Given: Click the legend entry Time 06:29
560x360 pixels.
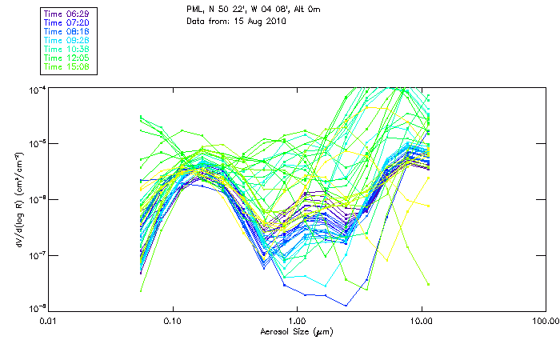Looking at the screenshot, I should coord(66,14).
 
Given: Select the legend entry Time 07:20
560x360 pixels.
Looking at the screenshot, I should coord(66,23).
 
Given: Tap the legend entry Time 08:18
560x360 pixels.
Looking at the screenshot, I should coord(66,31).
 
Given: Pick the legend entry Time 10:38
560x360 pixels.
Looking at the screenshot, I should coord(66,49).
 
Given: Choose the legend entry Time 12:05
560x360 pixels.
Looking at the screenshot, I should coord(66,58).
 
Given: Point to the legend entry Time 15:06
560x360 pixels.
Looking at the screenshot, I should coord(66,66).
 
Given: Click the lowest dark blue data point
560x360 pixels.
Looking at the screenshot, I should coord(346,306).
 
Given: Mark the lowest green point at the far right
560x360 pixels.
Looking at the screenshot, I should coord(429,284).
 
